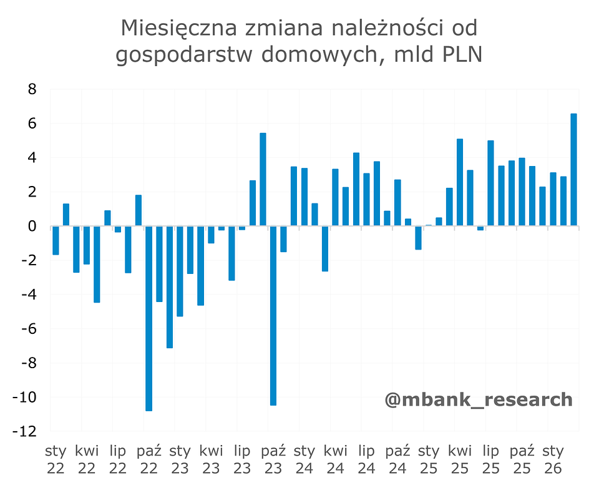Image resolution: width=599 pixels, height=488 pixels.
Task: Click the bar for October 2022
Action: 149,318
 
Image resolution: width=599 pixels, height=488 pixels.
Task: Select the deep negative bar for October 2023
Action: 273,315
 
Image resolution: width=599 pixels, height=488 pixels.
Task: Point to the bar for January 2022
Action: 56,240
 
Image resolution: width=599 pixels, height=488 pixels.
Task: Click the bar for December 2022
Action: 170,286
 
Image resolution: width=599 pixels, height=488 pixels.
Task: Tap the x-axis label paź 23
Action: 273,459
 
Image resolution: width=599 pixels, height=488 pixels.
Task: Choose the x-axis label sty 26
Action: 553,459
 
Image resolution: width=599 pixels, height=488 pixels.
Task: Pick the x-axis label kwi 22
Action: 87,459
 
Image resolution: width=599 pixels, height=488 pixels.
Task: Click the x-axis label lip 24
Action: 366,459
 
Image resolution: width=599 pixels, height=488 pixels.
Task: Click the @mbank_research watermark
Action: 478,399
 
